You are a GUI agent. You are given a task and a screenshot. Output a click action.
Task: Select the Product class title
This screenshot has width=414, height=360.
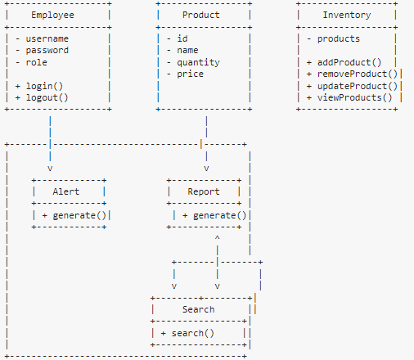coord(200,16)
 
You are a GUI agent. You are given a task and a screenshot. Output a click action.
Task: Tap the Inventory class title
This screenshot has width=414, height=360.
coord(347,16)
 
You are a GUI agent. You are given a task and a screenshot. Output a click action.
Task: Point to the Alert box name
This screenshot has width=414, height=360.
coord(65,192)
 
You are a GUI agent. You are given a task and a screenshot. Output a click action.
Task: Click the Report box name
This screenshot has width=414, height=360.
coord(204,192)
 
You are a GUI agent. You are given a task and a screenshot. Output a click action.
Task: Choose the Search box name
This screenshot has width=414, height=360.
coord(198,310)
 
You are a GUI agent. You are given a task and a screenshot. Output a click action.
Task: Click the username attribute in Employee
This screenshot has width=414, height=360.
coord(47,39)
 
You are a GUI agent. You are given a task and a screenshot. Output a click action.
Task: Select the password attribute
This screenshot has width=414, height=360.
coord(47,51)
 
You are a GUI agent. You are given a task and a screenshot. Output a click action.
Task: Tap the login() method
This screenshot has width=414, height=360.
coord(43,86)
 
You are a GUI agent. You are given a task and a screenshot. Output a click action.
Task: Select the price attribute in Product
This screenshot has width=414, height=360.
coord(190,74)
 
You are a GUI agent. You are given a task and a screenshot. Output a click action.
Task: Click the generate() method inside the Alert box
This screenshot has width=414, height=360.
coord(79,216)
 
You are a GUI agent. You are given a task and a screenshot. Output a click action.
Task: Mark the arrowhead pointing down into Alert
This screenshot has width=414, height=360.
coord(51,168)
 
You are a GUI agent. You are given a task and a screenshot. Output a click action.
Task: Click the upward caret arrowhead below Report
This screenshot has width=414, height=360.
coord(217,239)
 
